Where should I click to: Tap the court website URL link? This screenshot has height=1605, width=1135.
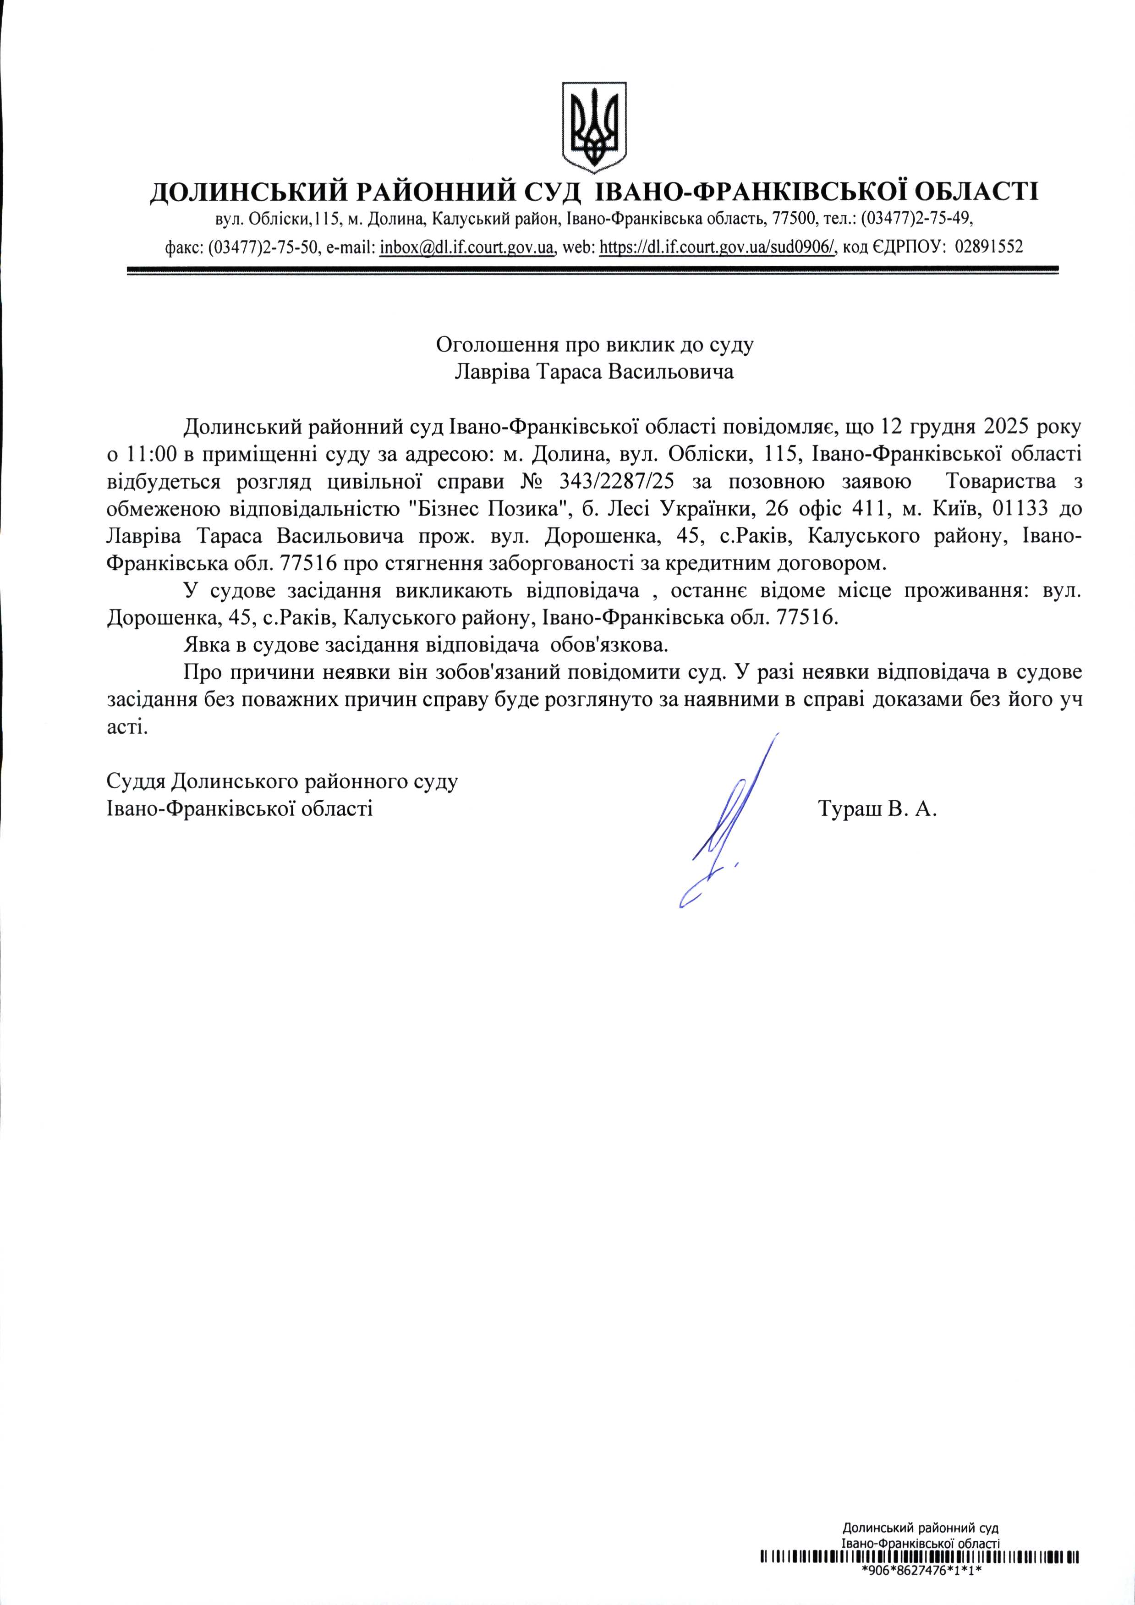click(718, 247)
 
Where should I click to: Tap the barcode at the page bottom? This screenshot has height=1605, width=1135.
click(920, 1572)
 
